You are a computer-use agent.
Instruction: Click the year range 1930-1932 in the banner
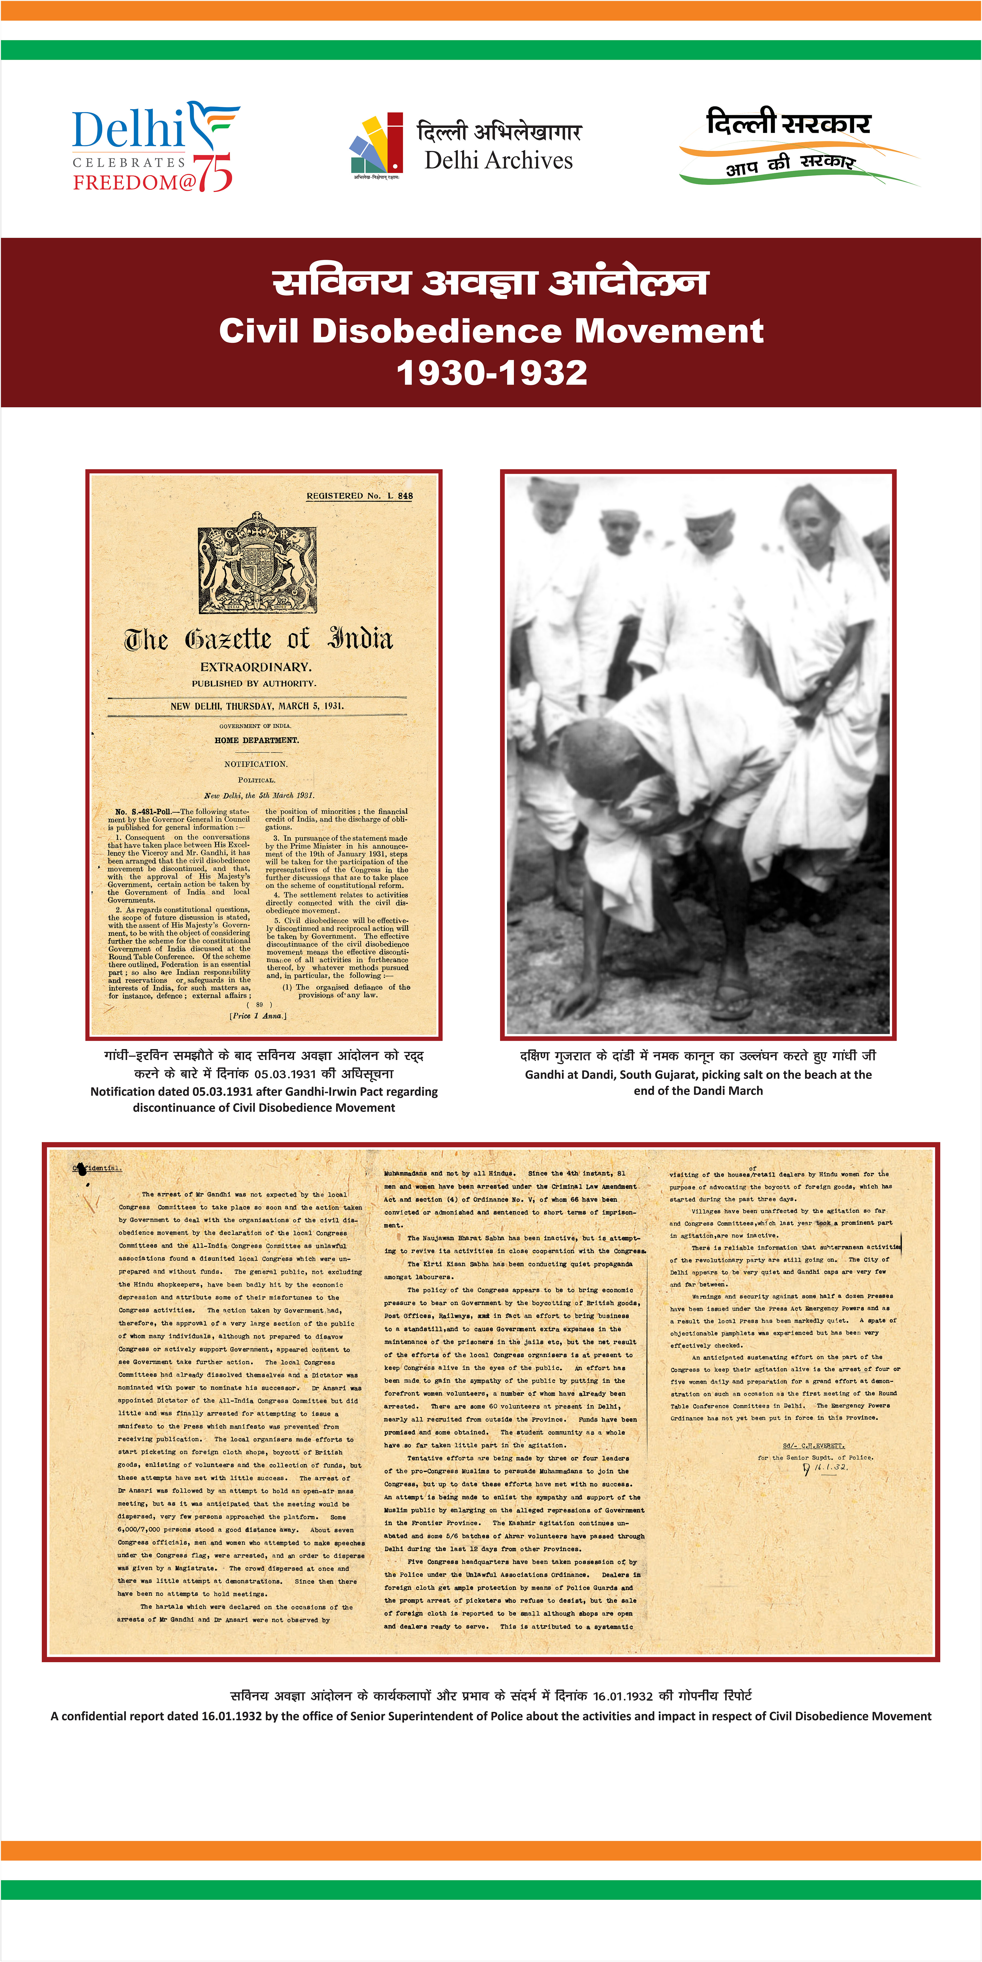click(491, 372)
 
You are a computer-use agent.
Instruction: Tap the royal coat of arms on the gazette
click(258, 562)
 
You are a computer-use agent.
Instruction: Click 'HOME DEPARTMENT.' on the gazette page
click(257, 740)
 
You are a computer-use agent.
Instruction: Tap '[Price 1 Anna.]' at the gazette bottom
click(258, 1016)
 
